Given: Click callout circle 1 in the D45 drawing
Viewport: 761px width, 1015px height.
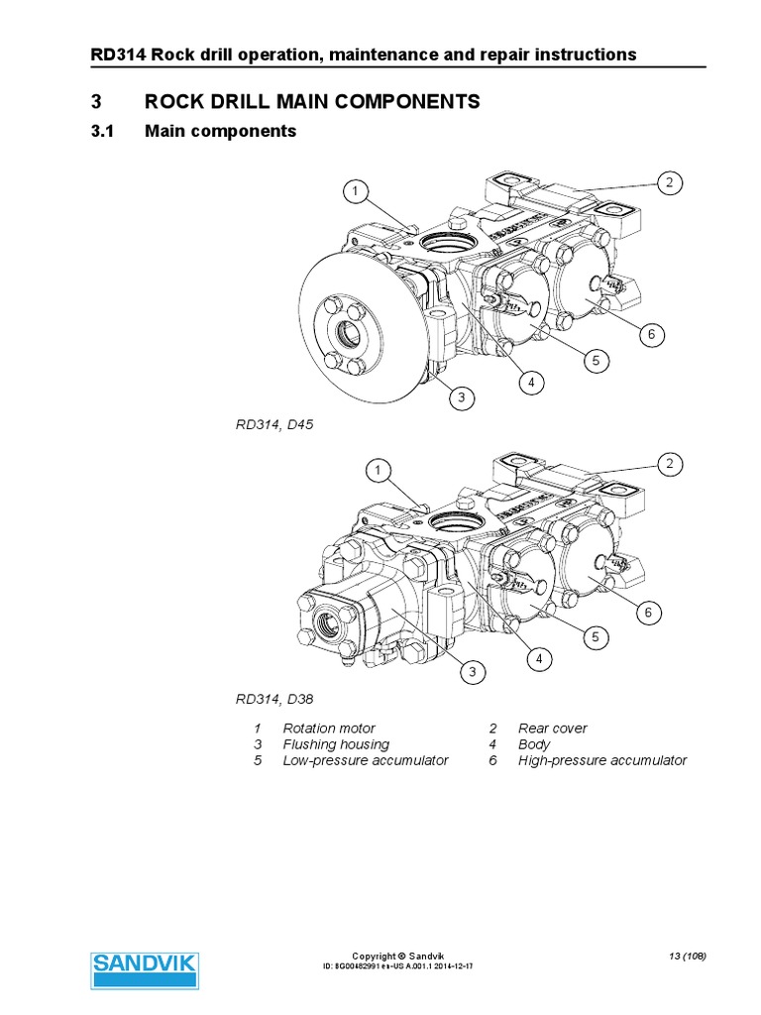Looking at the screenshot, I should (x=356, y=190).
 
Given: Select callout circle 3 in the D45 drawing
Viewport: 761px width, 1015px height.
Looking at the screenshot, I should (x=461, y=398).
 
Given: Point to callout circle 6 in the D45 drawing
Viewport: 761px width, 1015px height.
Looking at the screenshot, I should (x=651, y=335).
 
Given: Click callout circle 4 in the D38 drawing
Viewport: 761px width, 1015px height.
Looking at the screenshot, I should (x=539, y=657).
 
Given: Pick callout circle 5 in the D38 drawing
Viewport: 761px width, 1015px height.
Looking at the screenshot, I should (x=596, y=637).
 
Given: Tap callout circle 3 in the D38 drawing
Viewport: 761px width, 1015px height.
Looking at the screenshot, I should (x=473, y=672).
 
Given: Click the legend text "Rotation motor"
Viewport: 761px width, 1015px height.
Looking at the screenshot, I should (x=329, y=728).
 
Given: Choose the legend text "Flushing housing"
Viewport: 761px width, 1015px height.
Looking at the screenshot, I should (x=336, y=743).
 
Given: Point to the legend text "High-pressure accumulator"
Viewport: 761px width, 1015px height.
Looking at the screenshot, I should (x=601, y=760).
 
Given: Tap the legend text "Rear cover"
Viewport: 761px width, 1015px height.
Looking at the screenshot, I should (x=552, y=728).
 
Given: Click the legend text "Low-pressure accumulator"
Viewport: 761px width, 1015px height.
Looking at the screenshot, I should (x=366, y=760).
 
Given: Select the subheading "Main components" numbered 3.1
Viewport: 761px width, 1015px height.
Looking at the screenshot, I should (x=220, y=131).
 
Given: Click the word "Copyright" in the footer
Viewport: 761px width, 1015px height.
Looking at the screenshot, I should (x=373, y=956).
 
